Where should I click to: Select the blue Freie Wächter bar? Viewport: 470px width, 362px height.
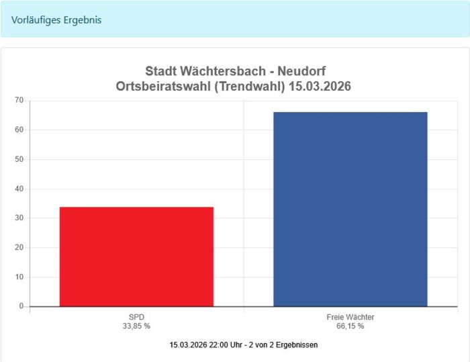[x=350, y=209]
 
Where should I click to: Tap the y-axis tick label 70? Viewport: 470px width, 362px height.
[x=19, y=101]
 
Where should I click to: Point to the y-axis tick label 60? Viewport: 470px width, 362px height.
[x=19, y=130]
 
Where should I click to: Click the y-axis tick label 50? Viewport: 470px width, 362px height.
[x=19, y=159]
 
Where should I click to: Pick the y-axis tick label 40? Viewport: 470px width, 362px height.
[x=19, y=189]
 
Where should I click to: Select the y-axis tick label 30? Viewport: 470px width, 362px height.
[x=19, y=218]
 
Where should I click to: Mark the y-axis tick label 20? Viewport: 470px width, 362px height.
[x=19, y=248]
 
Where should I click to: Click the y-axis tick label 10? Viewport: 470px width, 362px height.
[x=19, y=277]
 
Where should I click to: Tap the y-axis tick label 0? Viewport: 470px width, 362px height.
[x=21, y=306]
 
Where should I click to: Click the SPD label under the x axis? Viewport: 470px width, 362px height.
[x=137, y=317]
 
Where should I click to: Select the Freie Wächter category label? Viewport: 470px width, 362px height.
[x=350, y=317]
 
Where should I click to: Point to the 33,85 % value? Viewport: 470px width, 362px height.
[x=137, y=326]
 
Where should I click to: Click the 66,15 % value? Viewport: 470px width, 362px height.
[x=350, y=326]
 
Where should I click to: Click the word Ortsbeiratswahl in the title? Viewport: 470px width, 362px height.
[x=159, y=87]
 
